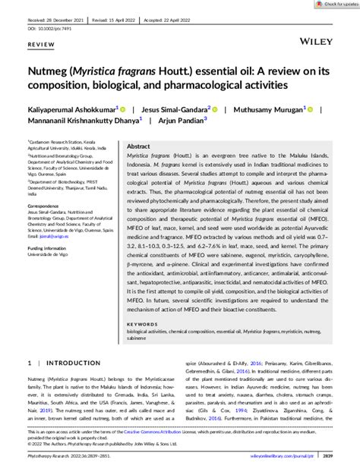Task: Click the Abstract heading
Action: pos(138,146)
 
